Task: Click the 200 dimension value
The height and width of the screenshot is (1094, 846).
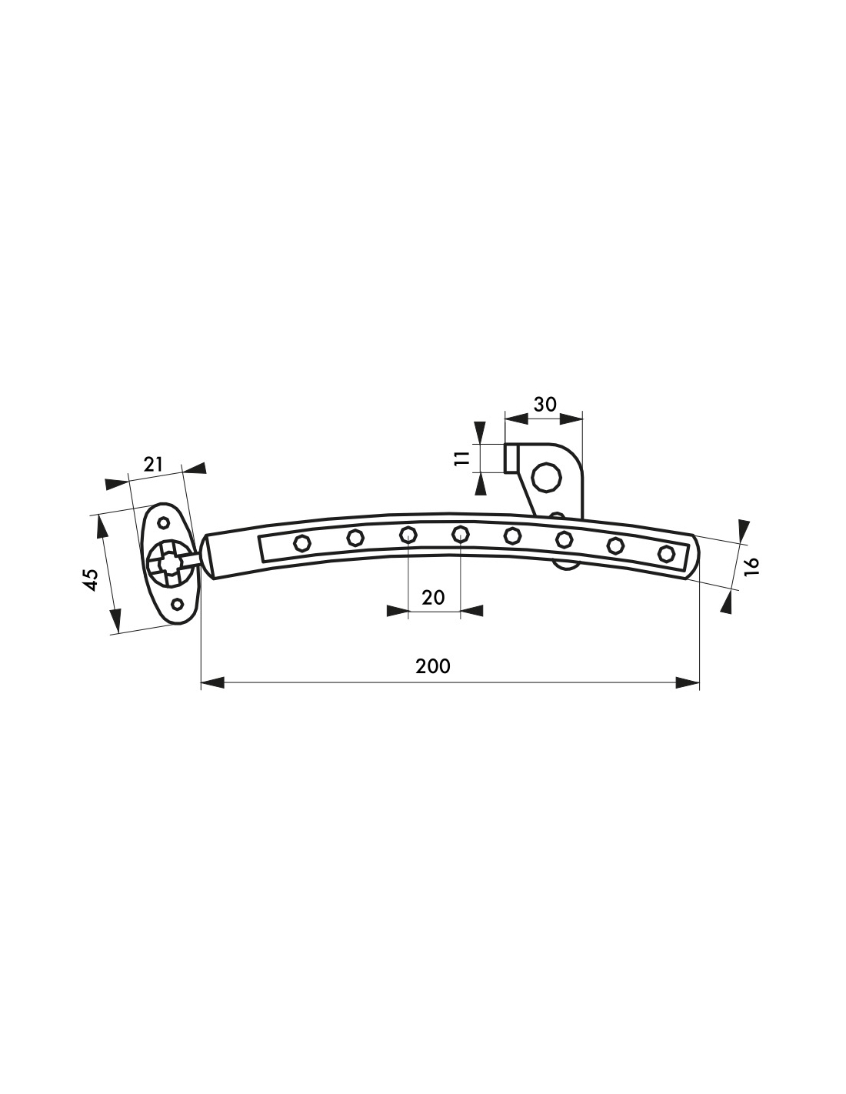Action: (x=432, y=666)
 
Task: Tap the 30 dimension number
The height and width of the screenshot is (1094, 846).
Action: (x=545, y=404)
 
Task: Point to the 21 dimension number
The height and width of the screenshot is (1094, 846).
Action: (x=153, y=464)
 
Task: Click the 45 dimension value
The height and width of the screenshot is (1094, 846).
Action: (x=92, y=579)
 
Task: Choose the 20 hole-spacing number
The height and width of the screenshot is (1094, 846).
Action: (x=433, y=598)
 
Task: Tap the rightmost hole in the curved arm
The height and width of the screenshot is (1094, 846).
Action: (x=666, y=553)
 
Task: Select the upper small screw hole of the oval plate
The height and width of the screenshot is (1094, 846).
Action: (x=164, y=522)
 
